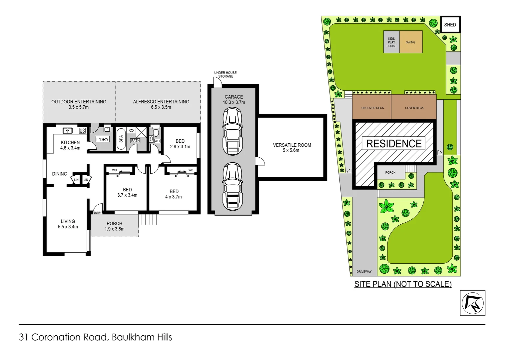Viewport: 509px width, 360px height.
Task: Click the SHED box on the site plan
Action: point(450,25)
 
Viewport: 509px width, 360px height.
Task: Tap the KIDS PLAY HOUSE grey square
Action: point(391,42)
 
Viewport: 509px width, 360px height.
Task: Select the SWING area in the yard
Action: point(411,42)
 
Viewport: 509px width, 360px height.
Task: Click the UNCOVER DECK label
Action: point(372,108)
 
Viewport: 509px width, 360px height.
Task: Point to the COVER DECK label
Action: point(414,108)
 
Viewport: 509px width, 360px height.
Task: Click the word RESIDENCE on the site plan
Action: point(394,144)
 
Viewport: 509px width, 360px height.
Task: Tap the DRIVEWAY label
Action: point(364,272)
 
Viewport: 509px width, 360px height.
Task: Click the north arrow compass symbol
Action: point(472,303)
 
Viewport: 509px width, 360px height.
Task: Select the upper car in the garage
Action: point(233,131)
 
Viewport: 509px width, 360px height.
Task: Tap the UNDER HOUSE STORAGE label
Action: point(226,74)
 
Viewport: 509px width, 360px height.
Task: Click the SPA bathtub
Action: point(121,138)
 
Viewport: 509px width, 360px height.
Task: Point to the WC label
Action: point(157,141)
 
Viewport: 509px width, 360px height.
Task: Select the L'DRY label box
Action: point(102,139)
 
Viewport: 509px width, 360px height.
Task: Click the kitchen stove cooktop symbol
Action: point(82,131)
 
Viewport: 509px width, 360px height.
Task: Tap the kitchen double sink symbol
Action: point(68,131)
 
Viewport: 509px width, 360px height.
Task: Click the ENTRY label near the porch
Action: point(97,213)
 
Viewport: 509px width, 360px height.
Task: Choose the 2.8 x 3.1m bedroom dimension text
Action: point(180,147)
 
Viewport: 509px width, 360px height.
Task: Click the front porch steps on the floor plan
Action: point(147,220)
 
